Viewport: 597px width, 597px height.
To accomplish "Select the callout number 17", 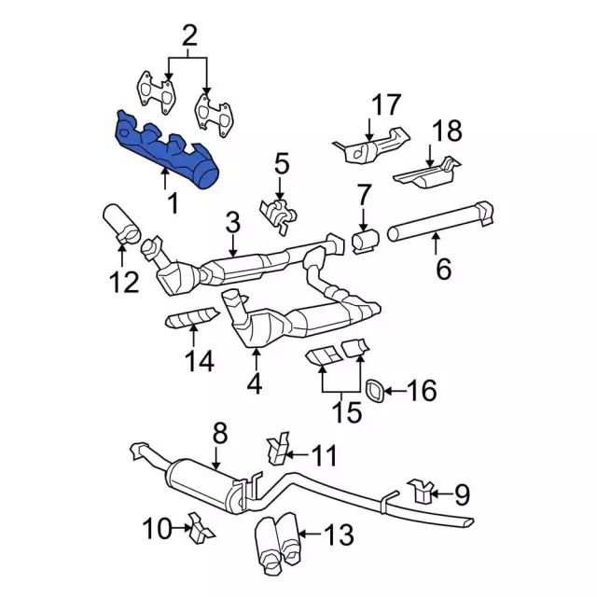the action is coord(385,104).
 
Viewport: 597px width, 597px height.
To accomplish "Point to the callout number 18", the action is coord(447,130).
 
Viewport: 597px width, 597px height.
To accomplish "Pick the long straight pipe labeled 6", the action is coord(441,221).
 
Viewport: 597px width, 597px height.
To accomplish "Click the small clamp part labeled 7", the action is coord(366,241).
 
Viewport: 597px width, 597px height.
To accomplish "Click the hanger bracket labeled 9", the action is coord(420,490).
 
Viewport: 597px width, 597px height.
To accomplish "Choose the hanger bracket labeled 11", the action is coord(278,448).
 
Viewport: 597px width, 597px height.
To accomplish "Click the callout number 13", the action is coord(339,535).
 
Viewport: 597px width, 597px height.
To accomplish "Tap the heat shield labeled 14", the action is coord(191,317).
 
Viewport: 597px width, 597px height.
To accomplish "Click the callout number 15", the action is coord(346,411).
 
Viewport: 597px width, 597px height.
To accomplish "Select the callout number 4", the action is coord(255,383).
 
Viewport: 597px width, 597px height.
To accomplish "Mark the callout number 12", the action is coord(124,282).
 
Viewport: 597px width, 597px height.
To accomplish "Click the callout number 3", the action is coord(232,224).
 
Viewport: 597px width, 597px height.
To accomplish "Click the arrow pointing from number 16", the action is coord(395,391).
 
